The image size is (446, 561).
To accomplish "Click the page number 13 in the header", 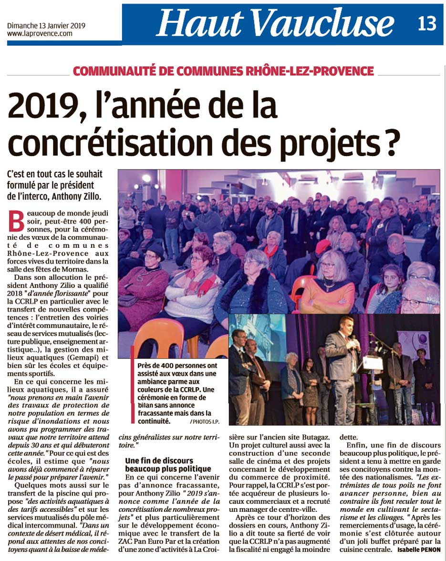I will pos(427,23).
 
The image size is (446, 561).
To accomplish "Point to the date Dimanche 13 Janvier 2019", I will pos(46,26).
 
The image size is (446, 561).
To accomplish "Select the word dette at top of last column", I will pos(348,436).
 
